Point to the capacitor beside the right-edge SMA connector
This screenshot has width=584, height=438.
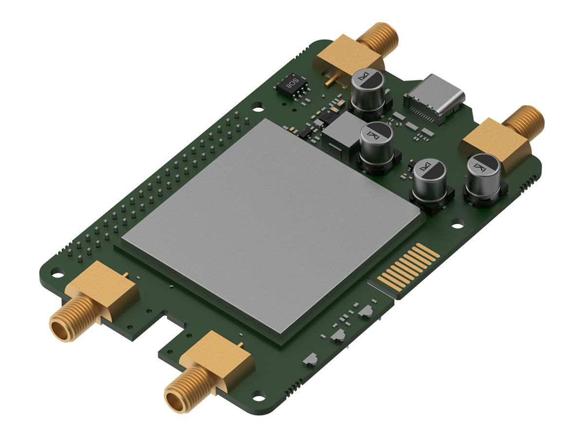483,176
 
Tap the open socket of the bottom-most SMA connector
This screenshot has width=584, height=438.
176,402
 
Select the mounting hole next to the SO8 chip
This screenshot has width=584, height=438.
257,104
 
